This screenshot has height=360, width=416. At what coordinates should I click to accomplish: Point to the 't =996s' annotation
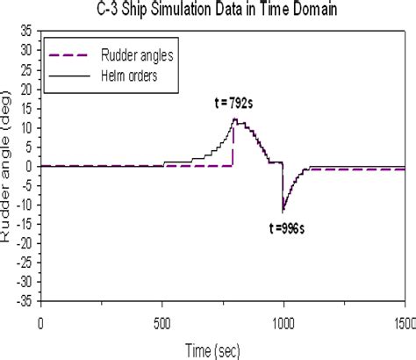285,226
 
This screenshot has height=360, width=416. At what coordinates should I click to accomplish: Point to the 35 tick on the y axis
27,31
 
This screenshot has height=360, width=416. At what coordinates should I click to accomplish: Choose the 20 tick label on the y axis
27,89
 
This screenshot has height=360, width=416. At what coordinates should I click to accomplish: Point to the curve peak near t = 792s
234,119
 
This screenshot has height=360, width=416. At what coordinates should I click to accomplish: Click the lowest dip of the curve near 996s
283,212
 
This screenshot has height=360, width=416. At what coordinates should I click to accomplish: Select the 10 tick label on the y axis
27,127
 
